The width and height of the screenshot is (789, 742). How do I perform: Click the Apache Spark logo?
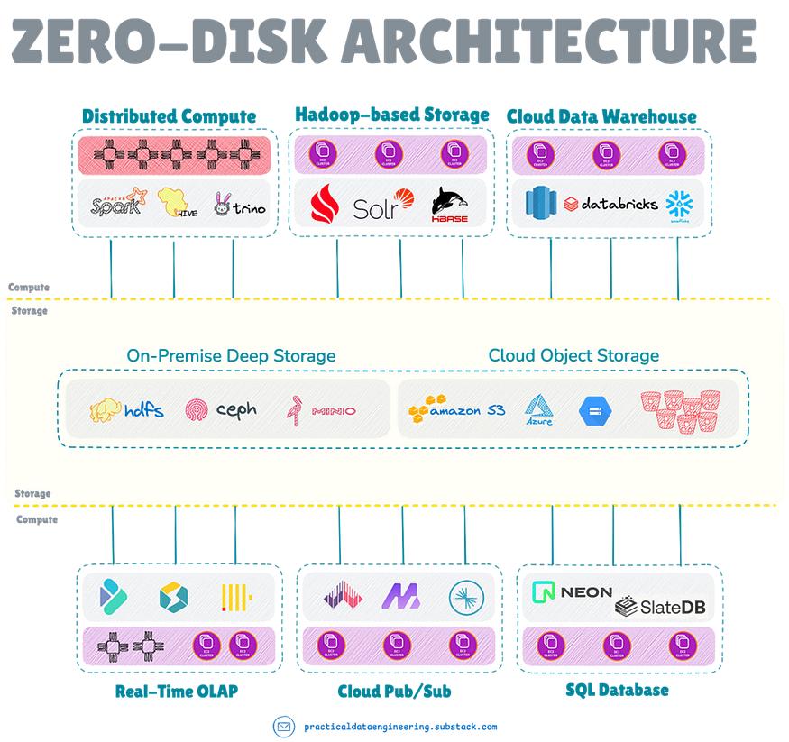coord(118,205)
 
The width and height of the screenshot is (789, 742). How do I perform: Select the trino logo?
coord(240,206)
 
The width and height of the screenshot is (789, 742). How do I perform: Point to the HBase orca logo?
coord(450,204)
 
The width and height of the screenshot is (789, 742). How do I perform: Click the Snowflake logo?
coord(677,205)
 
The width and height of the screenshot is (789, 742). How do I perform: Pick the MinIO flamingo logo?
coord(320,410)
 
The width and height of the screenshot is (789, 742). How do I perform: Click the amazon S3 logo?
coord(456,410)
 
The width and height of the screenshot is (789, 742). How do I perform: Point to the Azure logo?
coord(539,410)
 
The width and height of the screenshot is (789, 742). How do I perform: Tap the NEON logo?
coord(573,592)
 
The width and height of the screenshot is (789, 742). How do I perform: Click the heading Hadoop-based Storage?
coord(391,115)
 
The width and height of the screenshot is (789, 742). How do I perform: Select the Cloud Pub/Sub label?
coord(394,692)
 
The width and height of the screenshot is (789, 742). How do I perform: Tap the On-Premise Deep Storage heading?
coord(231,356)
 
